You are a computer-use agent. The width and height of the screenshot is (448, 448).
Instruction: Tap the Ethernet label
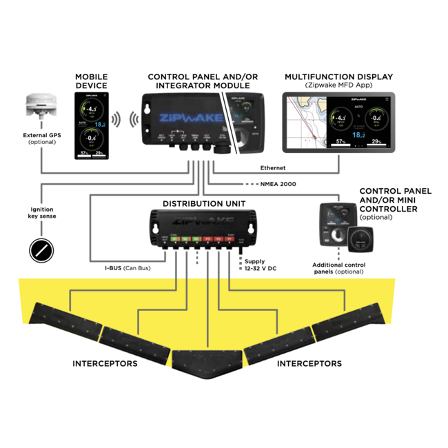[274, 167]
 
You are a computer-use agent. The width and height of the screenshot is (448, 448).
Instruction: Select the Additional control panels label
[338, 268]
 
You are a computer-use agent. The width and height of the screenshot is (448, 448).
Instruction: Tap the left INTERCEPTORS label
[105, 363]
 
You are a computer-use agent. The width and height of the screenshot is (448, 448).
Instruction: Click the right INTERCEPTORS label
[309, 363]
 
